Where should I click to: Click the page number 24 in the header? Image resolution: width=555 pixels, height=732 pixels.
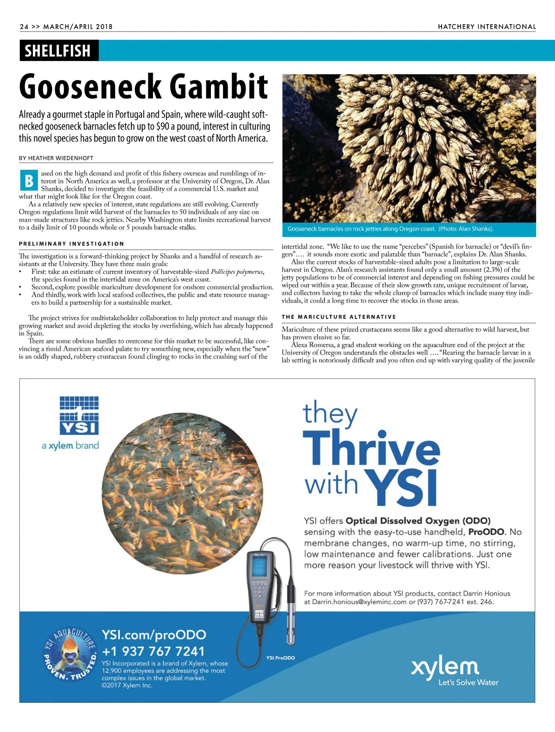click(24, 26)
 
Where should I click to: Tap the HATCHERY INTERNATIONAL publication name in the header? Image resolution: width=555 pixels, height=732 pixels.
click(487, 27)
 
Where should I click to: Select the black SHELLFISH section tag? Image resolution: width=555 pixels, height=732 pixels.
click(58, 50)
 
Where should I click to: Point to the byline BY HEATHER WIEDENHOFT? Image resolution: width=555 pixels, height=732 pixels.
click(56, 158)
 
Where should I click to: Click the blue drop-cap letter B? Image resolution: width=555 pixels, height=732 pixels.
click(29, 180)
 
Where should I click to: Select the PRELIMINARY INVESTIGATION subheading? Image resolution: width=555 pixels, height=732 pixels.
click(71, 244)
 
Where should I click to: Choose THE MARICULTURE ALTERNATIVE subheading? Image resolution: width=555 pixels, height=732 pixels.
click(339, 317)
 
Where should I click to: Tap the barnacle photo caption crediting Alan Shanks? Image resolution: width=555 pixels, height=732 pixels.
click(390, 229)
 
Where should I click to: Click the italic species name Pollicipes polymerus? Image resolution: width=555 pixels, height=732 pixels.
click(237, 272)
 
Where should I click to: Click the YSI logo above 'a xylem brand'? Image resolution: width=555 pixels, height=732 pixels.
click(80, 416)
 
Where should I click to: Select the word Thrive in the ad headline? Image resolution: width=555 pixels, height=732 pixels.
click(371, 450)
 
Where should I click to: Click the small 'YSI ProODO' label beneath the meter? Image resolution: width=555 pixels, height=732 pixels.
click(280, 658)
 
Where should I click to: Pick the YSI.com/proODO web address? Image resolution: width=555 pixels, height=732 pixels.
click(154, 635)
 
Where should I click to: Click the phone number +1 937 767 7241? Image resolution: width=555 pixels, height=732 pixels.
click(153, 651)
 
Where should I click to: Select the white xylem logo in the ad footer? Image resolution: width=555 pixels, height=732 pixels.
click(445, 667)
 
